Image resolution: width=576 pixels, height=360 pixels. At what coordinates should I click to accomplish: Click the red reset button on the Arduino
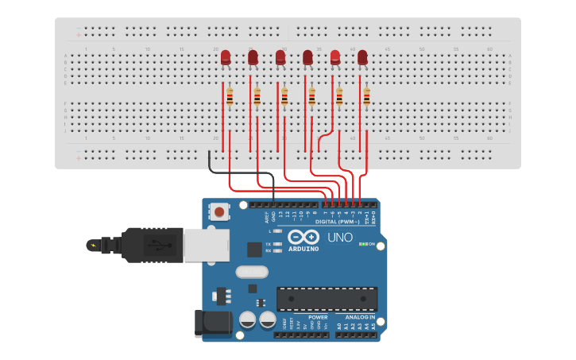click(218, 211)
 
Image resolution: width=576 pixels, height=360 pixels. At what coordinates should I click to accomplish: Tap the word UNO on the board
click(340, 238)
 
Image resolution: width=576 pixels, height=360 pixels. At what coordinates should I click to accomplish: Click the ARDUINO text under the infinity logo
click(303, 249)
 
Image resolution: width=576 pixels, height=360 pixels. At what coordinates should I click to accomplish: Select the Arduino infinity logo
click(303, 237)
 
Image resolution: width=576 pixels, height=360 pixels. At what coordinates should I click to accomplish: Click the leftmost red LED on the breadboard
click(226, 57)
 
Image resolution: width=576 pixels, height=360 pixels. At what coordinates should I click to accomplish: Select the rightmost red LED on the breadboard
click(362, 57)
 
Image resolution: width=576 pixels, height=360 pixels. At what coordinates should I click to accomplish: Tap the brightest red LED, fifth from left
click(335, 57)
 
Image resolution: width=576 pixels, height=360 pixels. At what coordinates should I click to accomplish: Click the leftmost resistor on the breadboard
click(230, 96)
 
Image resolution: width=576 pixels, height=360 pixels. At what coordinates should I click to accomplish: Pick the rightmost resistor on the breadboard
click(366, 96)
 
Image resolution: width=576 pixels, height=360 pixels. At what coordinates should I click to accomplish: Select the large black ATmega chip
click(327, 299)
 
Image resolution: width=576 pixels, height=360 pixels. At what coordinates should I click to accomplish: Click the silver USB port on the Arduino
click(206, 245)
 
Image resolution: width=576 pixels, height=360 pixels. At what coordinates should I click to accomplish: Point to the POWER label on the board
click(318, 316)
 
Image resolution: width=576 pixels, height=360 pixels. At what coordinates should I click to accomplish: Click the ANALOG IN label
click(359, 316)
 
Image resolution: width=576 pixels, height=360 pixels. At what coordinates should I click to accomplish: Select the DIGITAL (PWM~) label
click(337, 222)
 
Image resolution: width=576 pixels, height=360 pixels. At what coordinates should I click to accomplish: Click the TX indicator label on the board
click(269, 244)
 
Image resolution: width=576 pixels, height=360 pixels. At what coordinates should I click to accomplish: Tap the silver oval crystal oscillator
click(252, 272)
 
